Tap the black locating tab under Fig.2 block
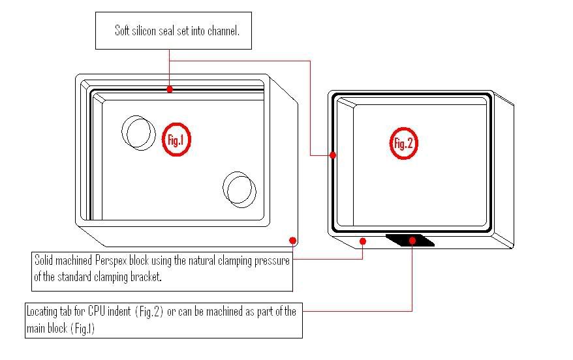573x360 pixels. pos(410,241)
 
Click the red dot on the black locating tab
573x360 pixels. pos(412,240)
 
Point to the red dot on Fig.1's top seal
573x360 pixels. pos(170,89)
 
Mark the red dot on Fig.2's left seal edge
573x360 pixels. pos(333,155)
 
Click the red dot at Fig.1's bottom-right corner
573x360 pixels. pos(293,240)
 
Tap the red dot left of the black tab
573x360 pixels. pos(363,241)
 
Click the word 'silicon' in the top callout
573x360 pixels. pos(144,31)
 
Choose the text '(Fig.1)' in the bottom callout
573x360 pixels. pos(83,329)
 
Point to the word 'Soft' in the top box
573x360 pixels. pos(122,30)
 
